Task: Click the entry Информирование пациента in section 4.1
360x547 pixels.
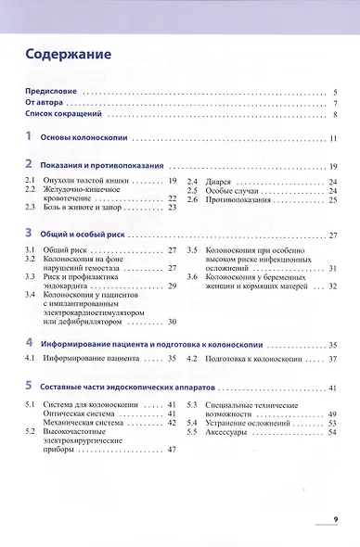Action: (x=94, y=358)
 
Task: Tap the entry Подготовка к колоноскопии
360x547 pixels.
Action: (x=258, y=358)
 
